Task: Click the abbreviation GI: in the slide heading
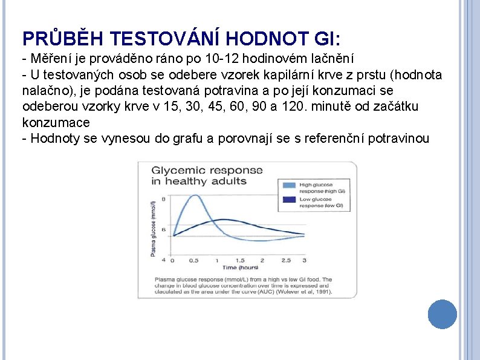[x=328, y=39]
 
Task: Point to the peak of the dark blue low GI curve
[x=223, y=219]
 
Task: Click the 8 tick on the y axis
[x=163, y=199]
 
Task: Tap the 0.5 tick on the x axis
[x=194, y=260]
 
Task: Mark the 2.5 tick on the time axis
[x=285, y=260]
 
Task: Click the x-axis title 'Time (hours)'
[x=240, y=267]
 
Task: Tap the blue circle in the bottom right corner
[x=442, y=315]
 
